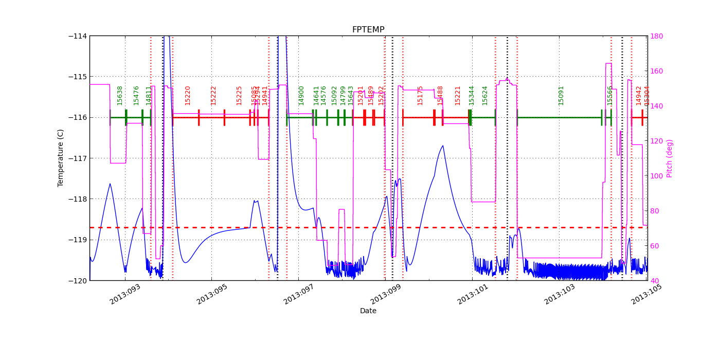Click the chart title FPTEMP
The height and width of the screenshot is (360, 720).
pyautogui.click(x=368, y=30)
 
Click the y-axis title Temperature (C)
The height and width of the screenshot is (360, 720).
pyautogui.click(x=61, y=158)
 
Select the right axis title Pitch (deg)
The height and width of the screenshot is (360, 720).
pyautogui.click(x=670, y=158)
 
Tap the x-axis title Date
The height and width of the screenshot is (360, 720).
pyautogui.click(x=368, y=311)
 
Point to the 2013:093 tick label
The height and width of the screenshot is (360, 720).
pyautogui.click(x=125, y=295)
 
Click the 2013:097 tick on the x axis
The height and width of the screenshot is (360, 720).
pyautogui.click(x=299, y=295)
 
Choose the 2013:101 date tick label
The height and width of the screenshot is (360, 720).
pyautogui.click(x=473, y=295)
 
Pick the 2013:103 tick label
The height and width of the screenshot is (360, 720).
pyautogui.click(x=560, y=295)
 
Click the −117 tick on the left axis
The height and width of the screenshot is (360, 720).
pyautogui.click(x=79, y=158)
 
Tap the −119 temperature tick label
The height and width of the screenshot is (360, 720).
pyautogui.click(x=79, y=240)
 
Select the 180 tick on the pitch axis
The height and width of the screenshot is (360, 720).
pyautogui.click(x=656, y=36)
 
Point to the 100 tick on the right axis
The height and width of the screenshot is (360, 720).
pyautogui.click(x=656, y=176)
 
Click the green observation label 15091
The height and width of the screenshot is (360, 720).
pyautogui.click(x=561, y=96)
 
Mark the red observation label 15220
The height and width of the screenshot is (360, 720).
pyautogui.click(x=188, y=96)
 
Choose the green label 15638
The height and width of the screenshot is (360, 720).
pyautogui.click(x=120, y=96)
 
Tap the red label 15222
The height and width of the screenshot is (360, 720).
pyautogui.click(x=213, y=96)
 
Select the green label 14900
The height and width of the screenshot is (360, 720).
pyautogui.click(x=301, y=96)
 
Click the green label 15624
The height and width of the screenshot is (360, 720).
pyautogui.click(x=484, y=96)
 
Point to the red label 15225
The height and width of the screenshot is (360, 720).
pyautogui.click(x=239, y=96)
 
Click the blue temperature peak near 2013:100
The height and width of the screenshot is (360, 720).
pyautogui.click(x=442, y=146)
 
